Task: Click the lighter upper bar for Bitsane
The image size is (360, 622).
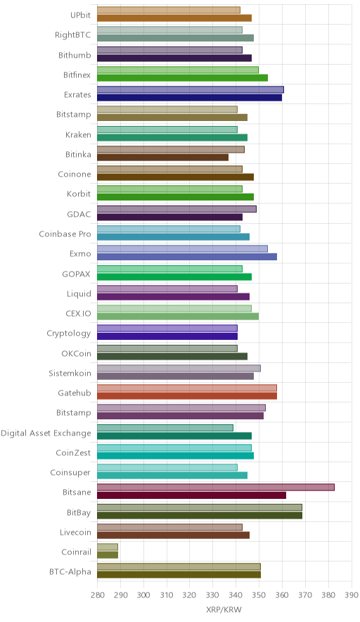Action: pos(216,487)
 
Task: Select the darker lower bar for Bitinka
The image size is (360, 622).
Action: pos(162,158)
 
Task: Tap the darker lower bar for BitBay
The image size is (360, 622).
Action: pos(200,515)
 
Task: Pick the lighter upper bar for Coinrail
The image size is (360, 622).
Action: pos(108,547)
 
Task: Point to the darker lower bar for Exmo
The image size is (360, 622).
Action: pos(187,257)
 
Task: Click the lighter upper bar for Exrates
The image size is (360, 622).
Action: pos(191,89)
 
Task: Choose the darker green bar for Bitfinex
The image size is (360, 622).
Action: pos(182,77)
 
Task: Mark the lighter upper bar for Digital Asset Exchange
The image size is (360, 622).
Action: pos(165,428)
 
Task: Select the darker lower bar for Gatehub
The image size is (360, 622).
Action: pos(187,396)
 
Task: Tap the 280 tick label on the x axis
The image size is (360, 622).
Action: pos(97,595)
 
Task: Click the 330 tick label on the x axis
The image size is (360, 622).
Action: pos(212,595)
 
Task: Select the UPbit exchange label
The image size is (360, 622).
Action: pos(80,15)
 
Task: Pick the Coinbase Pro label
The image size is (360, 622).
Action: pos(65,234)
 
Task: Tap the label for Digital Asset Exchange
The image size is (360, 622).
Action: pos(46,433)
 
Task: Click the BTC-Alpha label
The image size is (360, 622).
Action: pos(70,571)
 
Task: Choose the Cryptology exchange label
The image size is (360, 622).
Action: pos(69,334)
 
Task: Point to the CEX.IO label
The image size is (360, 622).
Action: pos(78,313)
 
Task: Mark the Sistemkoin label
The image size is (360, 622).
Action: pos(70,373)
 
